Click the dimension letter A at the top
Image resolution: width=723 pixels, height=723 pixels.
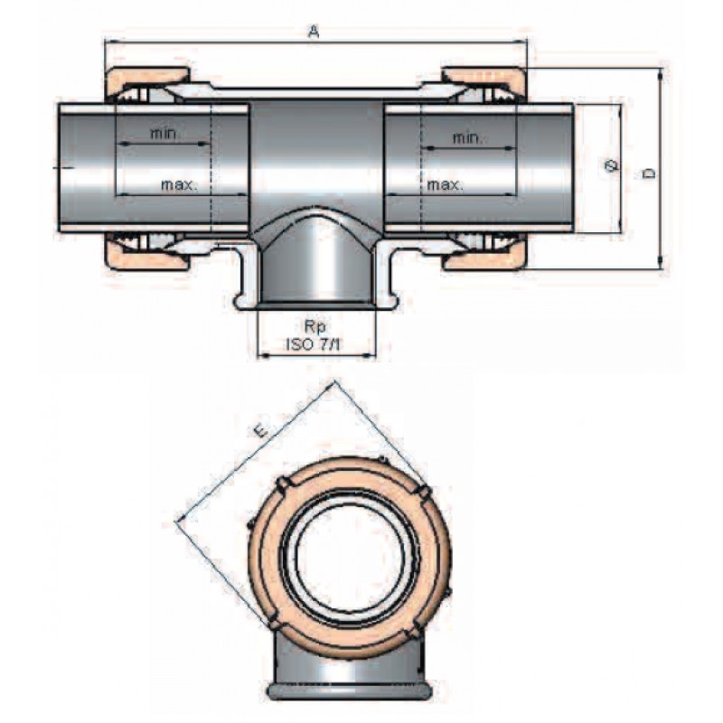tap(314, 32)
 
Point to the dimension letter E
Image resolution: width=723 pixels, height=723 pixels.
tap(259, 433)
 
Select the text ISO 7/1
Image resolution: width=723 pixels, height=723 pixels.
tap(316, 343)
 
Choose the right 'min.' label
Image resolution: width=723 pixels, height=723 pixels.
tap(467, 137)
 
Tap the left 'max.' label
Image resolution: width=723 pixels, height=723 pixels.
tap(179, 184)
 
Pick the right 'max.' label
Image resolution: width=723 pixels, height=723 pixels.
tap(445, 184)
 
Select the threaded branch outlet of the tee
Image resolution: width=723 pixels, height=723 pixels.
tap(316, 271)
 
